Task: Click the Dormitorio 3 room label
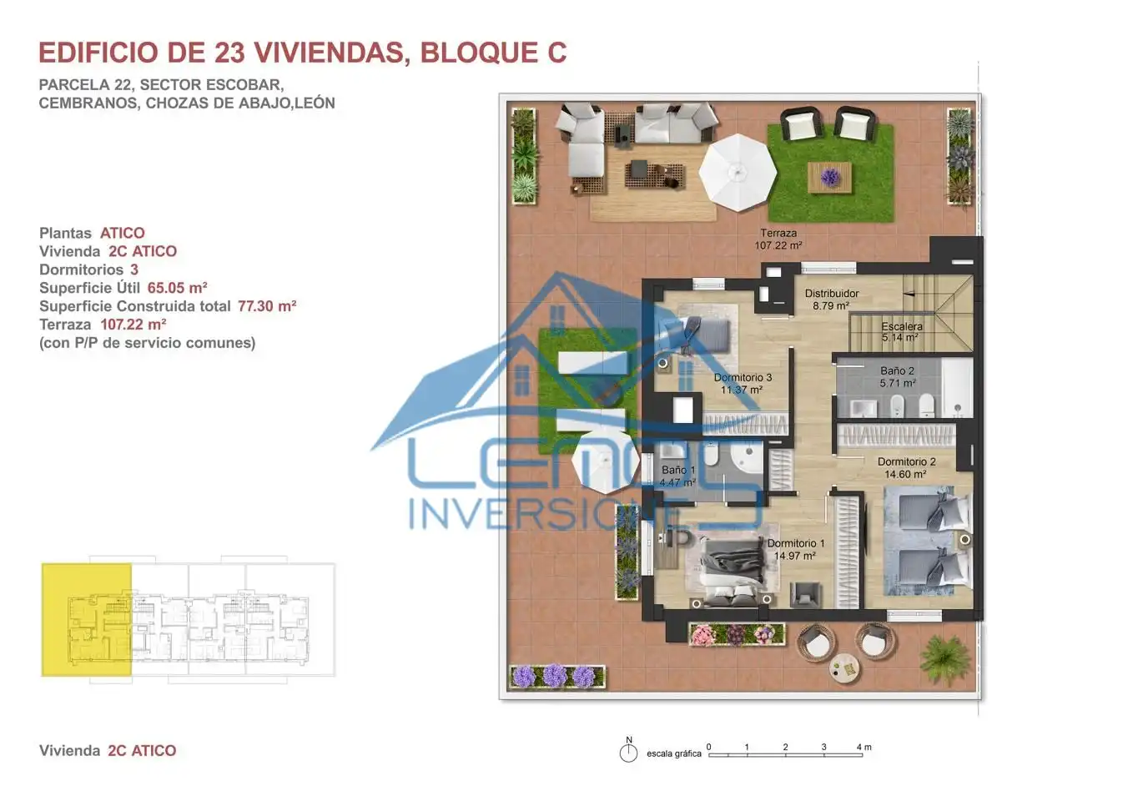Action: click(743, 377)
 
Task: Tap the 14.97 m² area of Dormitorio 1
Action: click(794, 556)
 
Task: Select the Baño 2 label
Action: click(897, 370)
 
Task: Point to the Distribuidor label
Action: click(832, 294)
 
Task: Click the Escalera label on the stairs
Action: click(902, 327)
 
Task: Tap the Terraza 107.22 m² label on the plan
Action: click(778, 239)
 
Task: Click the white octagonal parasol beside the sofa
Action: click(738, 173)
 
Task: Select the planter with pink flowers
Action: click(737, 634)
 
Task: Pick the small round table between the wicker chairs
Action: click(845, 668)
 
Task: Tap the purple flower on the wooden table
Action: click(830, 177)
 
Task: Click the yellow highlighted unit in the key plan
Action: click(87, 619)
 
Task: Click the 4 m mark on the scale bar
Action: click(864, 747)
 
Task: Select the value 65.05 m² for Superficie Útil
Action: click(177, 288)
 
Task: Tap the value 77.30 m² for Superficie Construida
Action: click(267, 306)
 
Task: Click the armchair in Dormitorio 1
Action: click(804, 594)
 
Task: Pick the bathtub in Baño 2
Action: click(956, 388)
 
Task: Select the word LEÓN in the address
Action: click(315, 103)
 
